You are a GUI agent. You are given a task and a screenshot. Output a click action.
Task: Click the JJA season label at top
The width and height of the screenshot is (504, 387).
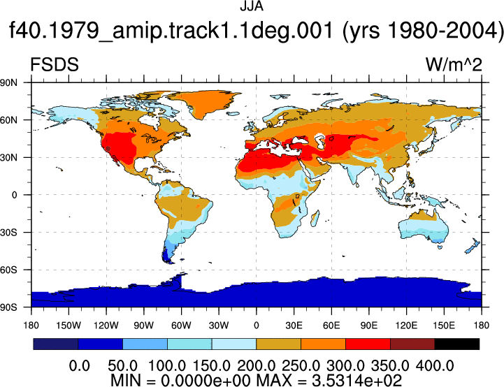252,6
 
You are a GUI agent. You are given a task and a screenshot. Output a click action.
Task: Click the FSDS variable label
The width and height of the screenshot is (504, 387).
55,64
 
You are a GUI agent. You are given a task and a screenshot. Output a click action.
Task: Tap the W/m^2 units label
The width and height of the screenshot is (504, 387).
454,64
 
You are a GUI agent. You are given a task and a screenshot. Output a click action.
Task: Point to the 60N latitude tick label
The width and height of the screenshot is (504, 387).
8,120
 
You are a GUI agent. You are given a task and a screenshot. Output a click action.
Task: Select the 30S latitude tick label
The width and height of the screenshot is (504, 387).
8,232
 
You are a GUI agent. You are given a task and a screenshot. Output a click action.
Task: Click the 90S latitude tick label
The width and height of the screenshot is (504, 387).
8,307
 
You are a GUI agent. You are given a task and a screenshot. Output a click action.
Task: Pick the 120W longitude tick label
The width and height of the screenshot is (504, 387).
106,326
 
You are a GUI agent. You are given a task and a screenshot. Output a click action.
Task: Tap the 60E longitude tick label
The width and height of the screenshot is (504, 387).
331,326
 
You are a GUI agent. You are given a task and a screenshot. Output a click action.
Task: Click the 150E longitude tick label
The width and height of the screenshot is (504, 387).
444,326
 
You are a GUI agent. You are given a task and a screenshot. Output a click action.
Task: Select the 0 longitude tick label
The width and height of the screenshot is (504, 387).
256,326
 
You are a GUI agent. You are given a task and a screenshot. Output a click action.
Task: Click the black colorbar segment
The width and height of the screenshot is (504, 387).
456,344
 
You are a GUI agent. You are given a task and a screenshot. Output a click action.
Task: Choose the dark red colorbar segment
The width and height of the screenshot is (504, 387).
412,344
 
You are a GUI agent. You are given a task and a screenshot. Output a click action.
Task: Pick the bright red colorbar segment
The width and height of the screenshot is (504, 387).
368,344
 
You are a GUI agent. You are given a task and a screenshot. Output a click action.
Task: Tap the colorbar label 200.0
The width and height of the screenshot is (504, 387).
256,366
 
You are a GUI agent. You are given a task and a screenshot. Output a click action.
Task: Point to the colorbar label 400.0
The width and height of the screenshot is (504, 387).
435,366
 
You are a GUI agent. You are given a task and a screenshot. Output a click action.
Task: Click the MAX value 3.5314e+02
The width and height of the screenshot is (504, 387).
357,381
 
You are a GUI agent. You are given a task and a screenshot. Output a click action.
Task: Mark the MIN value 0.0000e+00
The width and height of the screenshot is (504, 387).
206,381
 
